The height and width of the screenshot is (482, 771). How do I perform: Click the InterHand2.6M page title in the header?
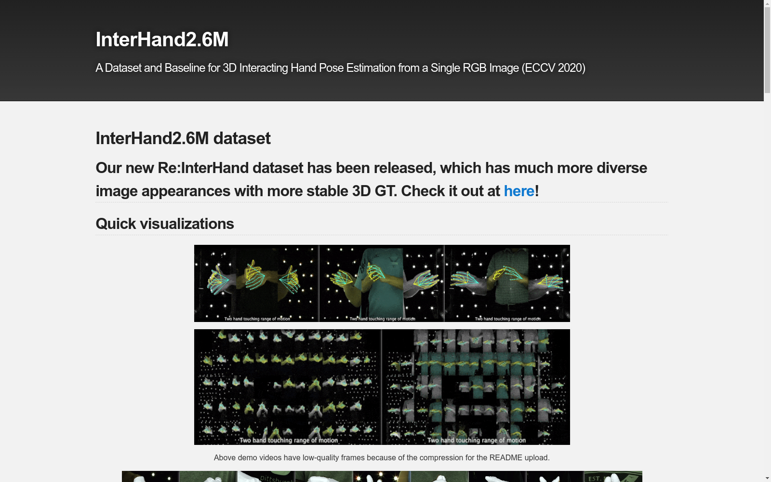(162, 40)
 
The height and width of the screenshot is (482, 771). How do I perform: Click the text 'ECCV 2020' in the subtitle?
(554, 68)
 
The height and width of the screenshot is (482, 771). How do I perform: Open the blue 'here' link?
(519, 191)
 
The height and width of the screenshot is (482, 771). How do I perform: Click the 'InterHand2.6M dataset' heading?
(183, 138)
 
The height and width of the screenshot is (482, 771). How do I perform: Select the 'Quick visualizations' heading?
(165, 224)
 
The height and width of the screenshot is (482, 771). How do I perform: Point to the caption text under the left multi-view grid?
(289, 440)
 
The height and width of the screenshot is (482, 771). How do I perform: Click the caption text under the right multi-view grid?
(477, 440)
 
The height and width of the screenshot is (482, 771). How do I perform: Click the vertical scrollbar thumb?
(767, 48)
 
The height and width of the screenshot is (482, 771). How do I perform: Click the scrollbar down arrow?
(767, 478)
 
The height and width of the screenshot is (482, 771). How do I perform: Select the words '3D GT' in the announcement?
(373, 191)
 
